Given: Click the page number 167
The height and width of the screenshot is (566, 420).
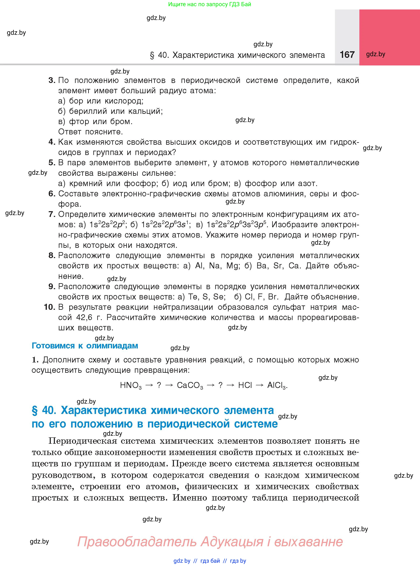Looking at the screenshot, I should pos(347,55).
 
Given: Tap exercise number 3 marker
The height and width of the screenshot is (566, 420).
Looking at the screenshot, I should pos(52,80).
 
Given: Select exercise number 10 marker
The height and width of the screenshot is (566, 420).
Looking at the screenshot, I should pos(49,307).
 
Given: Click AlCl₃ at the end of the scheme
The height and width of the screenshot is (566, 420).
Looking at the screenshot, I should pos(277,385).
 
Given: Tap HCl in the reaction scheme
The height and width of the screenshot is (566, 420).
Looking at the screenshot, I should pos(245,385).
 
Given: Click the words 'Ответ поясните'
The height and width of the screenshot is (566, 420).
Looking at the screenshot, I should pos(90,132).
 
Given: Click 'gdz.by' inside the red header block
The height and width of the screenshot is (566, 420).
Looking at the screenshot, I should pos(376,54).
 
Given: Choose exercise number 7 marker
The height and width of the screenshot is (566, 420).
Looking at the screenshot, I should pos(52,214).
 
